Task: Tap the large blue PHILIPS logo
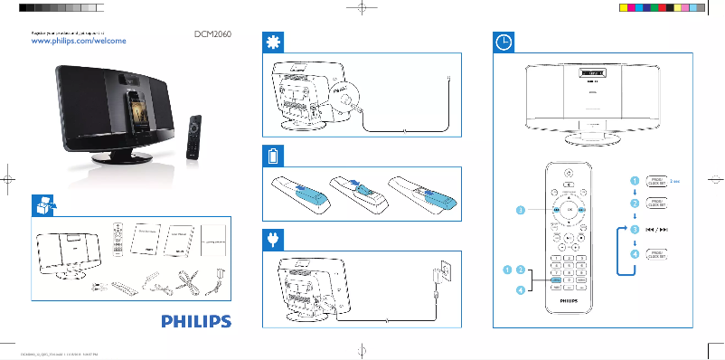pyautogui.click(x=196, y=321)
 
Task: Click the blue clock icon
pyautogui.click(x=504, y=43)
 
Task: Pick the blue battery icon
pyautogui.click(x=274, y=156)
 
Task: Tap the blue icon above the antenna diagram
pyautogui.click(x=274, y=43)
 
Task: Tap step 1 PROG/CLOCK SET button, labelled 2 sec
pyautogui.click(x=658, y=180)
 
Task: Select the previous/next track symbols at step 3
pyautogui.click(x=658, y=230)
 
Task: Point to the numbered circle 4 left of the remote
pyautogui.click(x=521, y=289)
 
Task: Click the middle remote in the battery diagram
pyautogui.click(x=357, y=190)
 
